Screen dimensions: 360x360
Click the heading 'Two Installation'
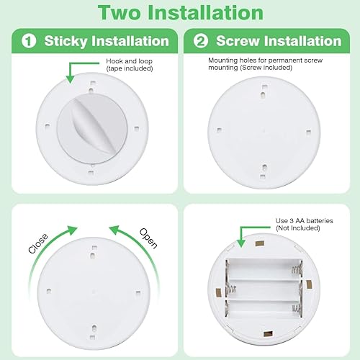(x=180, y=12)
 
